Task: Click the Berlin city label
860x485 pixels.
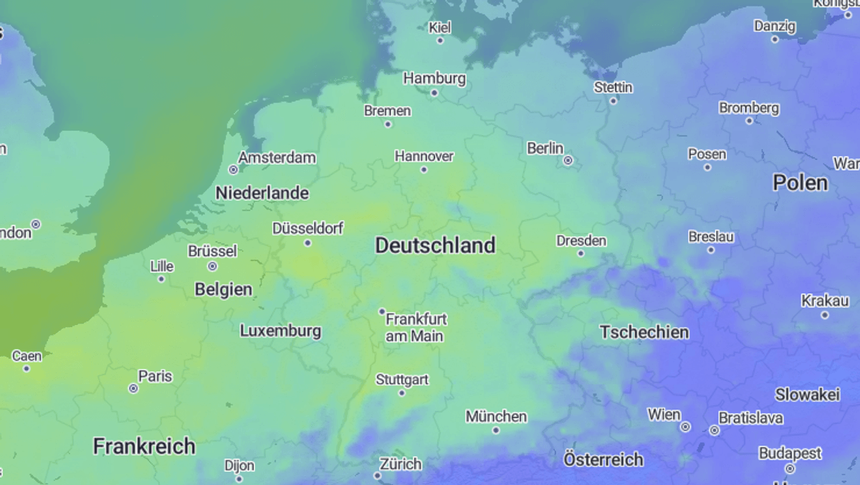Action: (545, 149)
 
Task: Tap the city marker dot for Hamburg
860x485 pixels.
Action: (434, 93)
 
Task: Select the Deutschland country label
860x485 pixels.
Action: (435, 245)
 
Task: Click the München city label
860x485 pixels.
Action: (496, 417)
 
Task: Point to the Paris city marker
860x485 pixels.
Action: (133, 388)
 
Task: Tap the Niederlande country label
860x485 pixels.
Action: (262, 193)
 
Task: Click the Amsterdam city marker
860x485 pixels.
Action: (233, 169)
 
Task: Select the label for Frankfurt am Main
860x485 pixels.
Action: (416, 327)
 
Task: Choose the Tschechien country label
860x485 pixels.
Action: (644, 332)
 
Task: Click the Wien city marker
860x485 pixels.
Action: (685, 427)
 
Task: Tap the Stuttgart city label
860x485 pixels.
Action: (402, 380)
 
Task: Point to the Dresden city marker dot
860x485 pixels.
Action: (580, 253)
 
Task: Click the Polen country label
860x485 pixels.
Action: (800, 183)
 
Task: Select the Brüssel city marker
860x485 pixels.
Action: (212, 266)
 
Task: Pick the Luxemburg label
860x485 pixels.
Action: (280, 331)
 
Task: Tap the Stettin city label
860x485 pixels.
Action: (613, 88)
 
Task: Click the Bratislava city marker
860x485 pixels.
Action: (714, 430)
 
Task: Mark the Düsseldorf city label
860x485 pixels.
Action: (307, 229)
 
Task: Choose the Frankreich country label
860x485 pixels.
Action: (144, 446)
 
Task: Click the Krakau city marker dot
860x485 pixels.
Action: (825, 315)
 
